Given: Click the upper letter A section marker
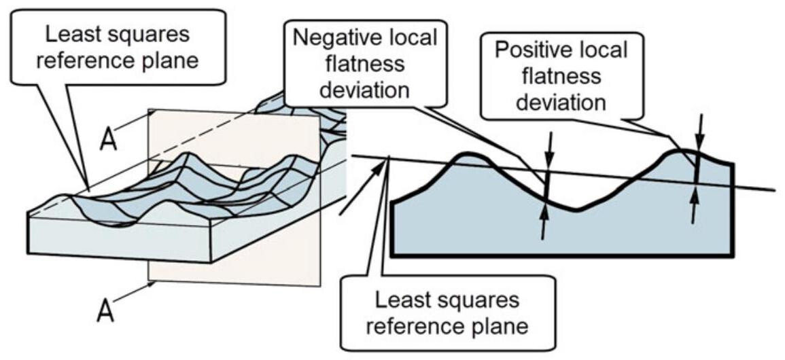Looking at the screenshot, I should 109,140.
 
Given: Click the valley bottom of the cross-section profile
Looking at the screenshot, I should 578,210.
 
